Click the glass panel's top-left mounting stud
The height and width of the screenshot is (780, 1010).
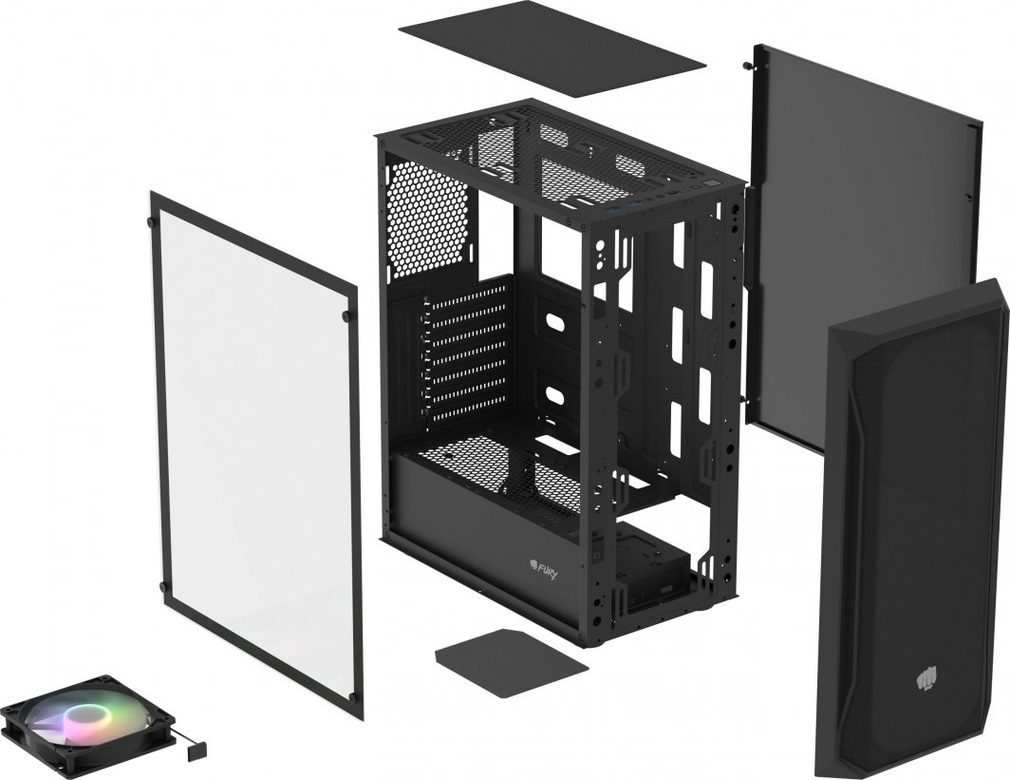coord(151,221)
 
